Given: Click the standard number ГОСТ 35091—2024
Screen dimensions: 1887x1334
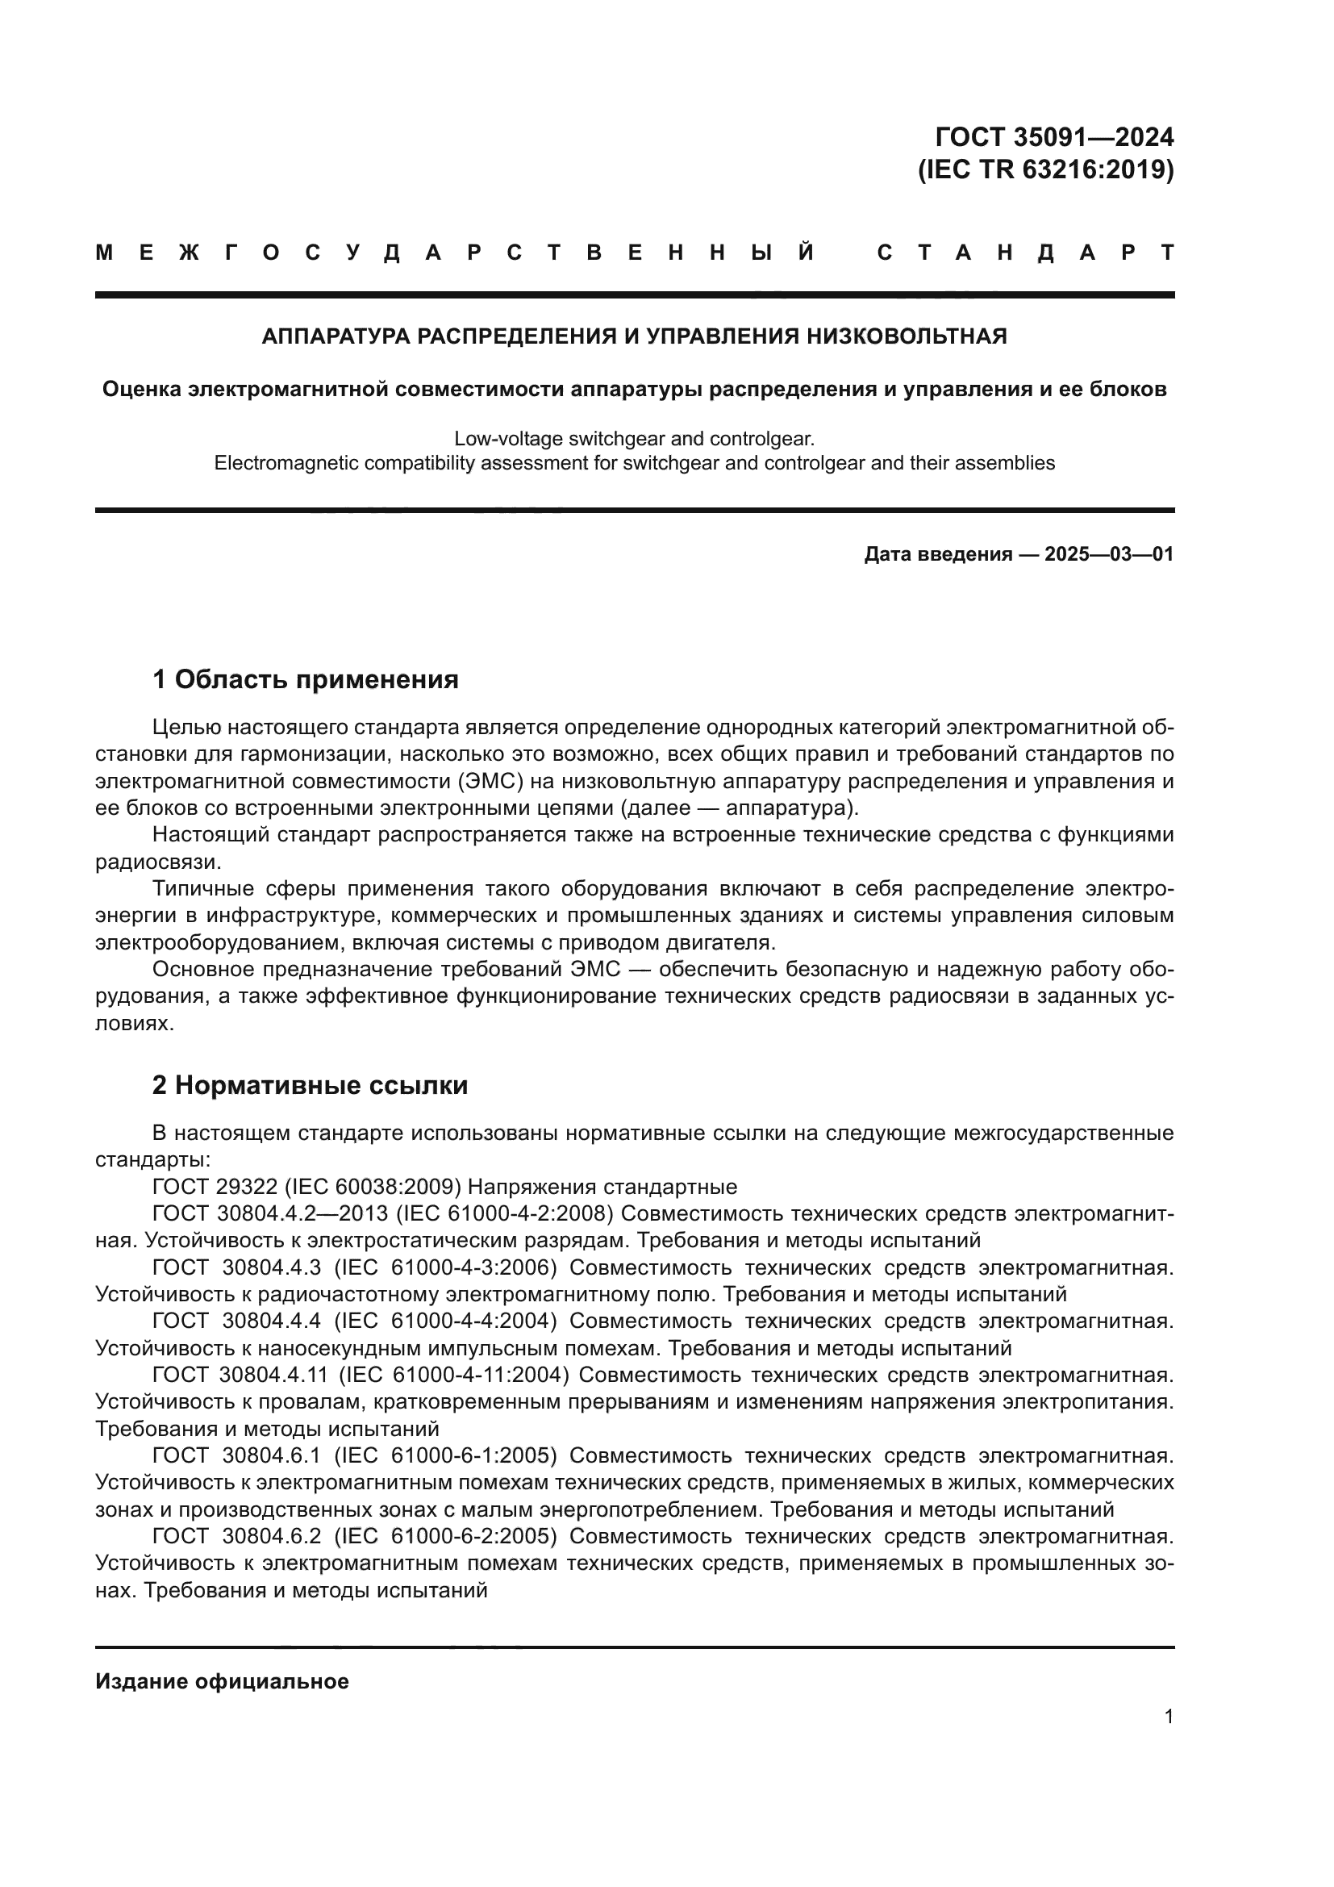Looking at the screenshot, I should [x=1055, y=136].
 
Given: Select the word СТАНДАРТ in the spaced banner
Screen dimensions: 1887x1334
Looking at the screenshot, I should [x=1025, y=253].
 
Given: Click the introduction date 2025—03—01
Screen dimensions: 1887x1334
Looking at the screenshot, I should [x=1108, y=555].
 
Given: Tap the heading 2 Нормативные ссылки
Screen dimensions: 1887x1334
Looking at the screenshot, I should [x=310, y=1086].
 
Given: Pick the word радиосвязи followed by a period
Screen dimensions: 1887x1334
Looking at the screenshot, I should [x=157, y=862].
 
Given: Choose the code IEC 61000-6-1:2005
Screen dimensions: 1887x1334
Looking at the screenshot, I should [x=444, y=1456].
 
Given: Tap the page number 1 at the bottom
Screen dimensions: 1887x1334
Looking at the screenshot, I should [x=1168, y=1717].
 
